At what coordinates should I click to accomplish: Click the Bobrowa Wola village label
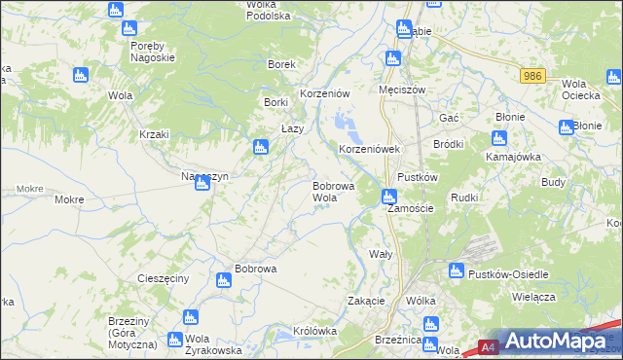coord(332,191)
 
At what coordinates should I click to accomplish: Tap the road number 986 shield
coord(531,76)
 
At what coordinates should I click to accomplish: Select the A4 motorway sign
coord(490,346)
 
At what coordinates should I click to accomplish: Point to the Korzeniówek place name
coord(369,150)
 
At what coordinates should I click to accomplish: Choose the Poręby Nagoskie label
coord(151,52)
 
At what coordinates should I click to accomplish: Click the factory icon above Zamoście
coord(388,197)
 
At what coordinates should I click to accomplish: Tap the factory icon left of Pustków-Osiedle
coord(456,270)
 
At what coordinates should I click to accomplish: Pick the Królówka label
coord(314,331)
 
